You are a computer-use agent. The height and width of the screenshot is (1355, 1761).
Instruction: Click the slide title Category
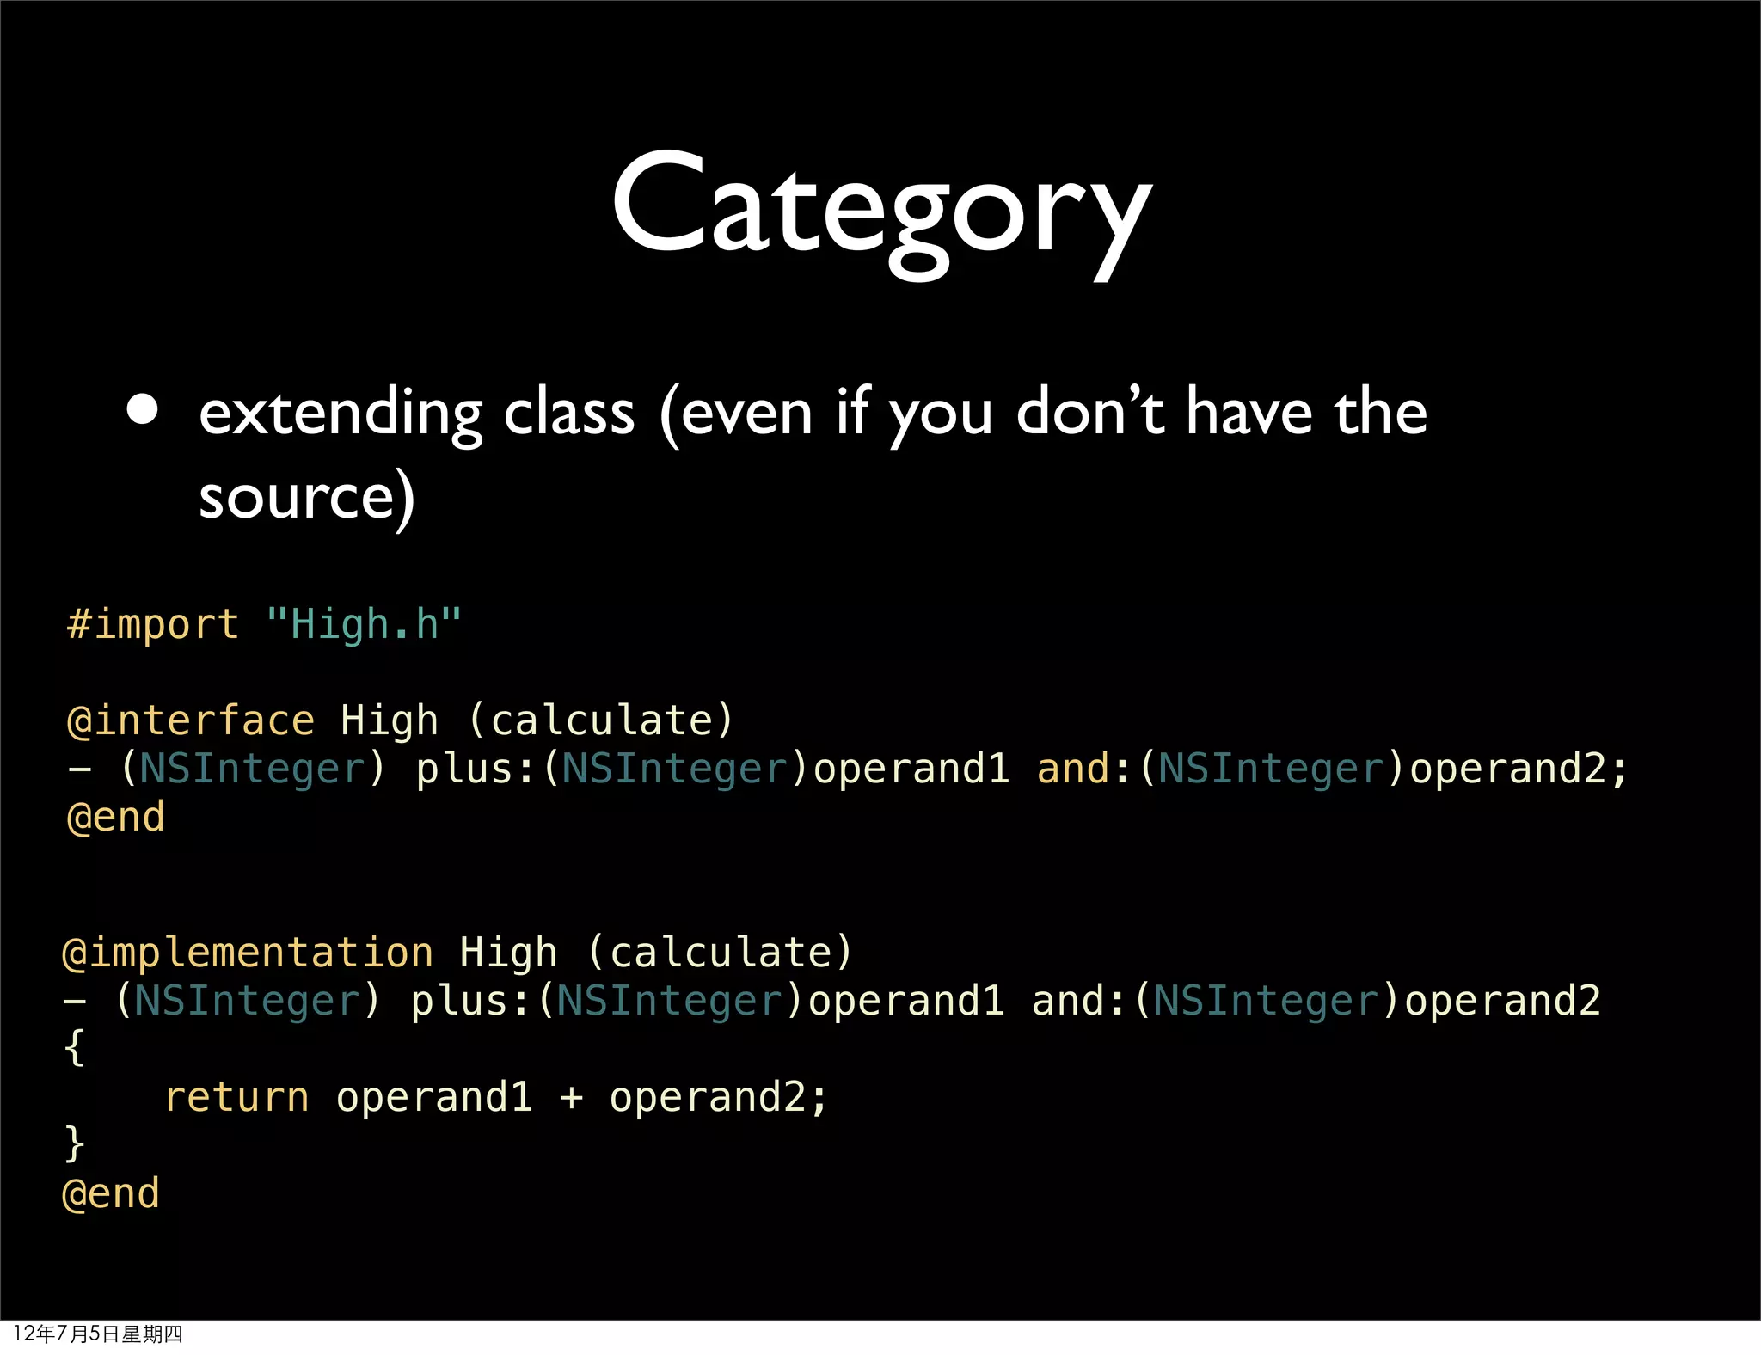click(x=880, y=211)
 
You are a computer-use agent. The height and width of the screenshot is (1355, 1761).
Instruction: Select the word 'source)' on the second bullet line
click(x=307, y=498)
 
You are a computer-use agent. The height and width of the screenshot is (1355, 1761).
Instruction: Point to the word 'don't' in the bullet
click(x=1090, y=413)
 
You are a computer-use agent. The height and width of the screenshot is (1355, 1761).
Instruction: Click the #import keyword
click(x=153, y=623)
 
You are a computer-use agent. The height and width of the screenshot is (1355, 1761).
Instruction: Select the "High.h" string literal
click(x=364, y=623)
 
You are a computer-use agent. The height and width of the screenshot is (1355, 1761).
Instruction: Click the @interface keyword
click(x=191, y=720)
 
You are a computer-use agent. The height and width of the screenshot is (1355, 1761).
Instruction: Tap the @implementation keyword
click(x=248, y=953)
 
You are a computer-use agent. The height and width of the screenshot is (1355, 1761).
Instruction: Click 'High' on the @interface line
click(x=389, y=720)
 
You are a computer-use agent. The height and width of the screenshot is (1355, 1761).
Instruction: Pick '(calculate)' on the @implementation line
click(x=721, y=953)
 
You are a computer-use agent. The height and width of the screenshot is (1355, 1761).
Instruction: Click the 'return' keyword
click(x=236, y=1097)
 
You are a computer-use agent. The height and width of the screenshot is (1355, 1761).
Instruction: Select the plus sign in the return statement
click(x=570, y=1097)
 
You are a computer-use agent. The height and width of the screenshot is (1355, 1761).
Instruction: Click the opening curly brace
click(x=75, y=1049)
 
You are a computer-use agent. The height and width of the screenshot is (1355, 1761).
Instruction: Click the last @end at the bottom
click(x=111, y=1193)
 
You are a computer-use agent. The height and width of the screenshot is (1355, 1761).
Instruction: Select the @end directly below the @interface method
click(x=115, y=817)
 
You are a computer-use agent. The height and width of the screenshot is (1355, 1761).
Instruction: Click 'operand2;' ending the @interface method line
click(x=1519, y=769)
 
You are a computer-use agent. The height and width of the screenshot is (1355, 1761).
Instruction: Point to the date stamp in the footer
click(x=98, y=1334)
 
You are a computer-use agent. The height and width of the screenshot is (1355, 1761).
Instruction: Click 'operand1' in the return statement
click(x=434, y=1097)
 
